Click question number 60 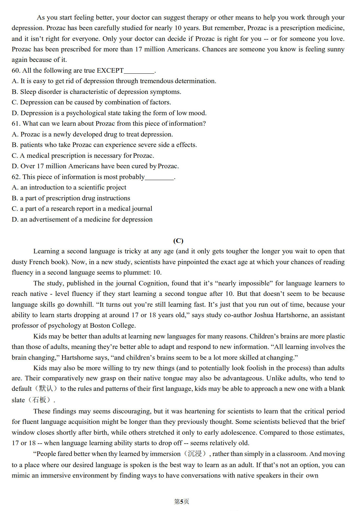coord(16,70)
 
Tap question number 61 coord(16,123)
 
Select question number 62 coord(16,177)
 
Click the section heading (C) coord(178,241)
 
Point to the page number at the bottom coord(181,502)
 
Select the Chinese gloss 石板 coord(39,400)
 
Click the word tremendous coord(157,81)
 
